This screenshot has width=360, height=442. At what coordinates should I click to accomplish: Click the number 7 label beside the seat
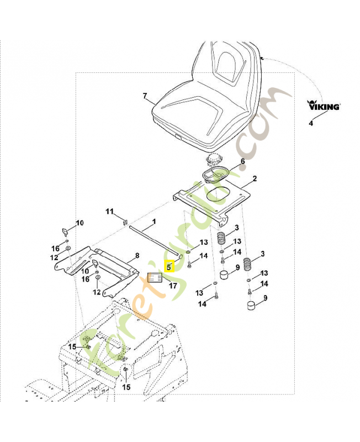click(x=145, y=96)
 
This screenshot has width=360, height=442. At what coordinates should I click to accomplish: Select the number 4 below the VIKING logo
click(x=310, y=123)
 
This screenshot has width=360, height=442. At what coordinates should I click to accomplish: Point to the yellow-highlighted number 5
click(x=170, y=267)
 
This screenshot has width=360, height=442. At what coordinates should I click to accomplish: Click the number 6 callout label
click(x=241, y=162)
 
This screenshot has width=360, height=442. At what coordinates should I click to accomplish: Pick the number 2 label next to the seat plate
click(x=255, y=179)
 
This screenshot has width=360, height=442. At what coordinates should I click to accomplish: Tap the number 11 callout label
click(x=109, y=212)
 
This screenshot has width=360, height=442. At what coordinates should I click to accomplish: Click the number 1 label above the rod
click(x=154, y=221)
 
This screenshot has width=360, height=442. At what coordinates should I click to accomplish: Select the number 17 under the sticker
click(x=173, y=286)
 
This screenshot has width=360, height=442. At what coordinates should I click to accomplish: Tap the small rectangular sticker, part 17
click(x=155, y=278)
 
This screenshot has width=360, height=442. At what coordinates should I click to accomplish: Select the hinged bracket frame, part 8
click(x=113, y=266)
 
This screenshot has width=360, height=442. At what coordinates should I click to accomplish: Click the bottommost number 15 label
click(x=126, y=387)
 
